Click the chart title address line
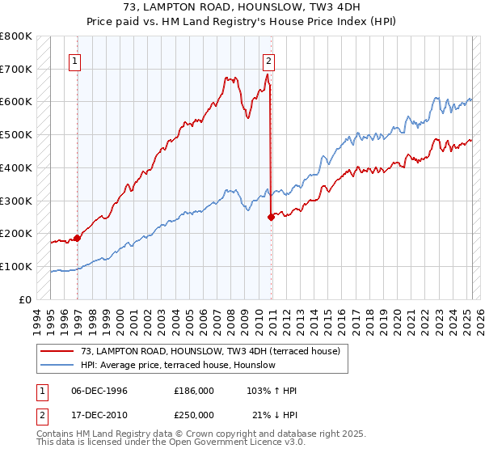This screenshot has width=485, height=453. [x=242, y=9]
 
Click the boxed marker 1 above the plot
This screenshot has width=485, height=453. [x=74, y=60]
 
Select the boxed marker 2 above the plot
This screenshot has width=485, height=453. [x=268, y=60]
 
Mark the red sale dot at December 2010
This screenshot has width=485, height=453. [x=272, y=216]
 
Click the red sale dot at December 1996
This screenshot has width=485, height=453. [x=78, y=237]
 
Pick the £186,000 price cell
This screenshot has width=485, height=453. [x=194, y=391]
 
